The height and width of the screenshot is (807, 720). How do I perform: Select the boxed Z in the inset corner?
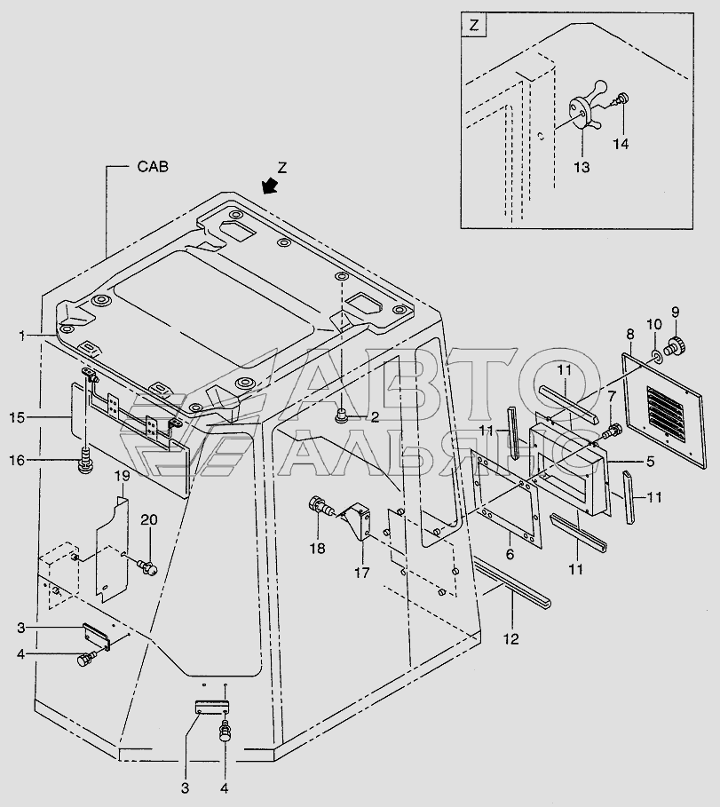474,26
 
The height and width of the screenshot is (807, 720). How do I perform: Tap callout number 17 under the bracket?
362,574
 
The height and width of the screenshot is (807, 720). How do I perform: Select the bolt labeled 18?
316,509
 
